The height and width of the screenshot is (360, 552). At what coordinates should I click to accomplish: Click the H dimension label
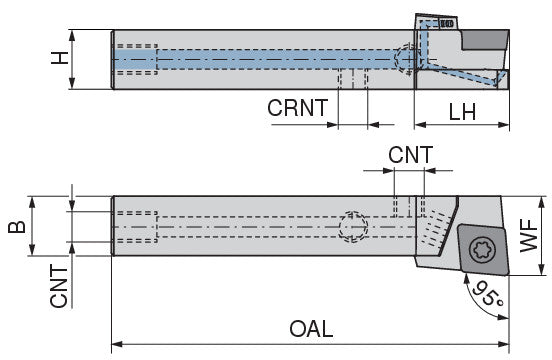click(x=60, y=58)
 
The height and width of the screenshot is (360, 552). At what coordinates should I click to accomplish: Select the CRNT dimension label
click(x=297, y=108)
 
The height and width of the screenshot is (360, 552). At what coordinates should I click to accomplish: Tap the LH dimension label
click(x=462, y=112)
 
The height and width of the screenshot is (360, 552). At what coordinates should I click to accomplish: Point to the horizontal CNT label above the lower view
click(x=410, y=155)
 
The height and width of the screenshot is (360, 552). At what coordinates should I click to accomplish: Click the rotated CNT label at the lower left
click(x=59, y=286)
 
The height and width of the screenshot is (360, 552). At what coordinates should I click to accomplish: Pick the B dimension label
click(x=17, y=227)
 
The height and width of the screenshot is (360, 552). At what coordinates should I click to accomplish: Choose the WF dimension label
click(x=529, y=235)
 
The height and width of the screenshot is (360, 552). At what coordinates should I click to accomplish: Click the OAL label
click(x=311, y=329)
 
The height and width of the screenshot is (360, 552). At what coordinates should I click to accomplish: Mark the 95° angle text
click(x=488, y=294)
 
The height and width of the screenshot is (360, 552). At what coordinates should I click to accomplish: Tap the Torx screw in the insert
click(x=483, y=250)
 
